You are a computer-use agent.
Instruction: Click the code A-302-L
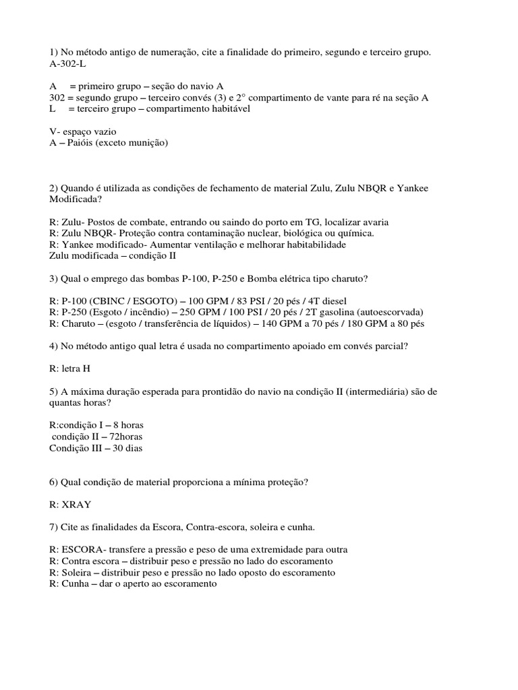coord(67,63)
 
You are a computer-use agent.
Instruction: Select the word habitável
coord(229,108)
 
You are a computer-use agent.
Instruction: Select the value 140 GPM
coord(296,324)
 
